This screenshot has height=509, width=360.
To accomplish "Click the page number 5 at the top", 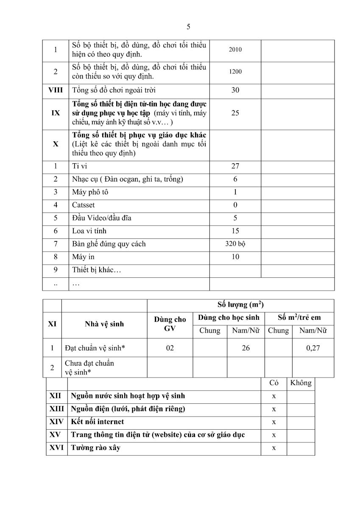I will pyautogui.click(x=188, y=27).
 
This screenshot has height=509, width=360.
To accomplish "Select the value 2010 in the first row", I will pyautogui.click(x=235, y=50).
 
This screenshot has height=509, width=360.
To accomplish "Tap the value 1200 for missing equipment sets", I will pyautogui.click(x=235, y=72).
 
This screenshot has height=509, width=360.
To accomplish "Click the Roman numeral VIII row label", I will pyautogui.click(x=55, y=90).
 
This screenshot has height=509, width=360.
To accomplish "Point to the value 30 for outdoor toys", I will pyautogui.click(x=235, y=90).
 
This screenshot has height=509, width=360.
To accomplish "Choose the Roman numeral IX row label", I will pyautogui.click(x=56, y=113).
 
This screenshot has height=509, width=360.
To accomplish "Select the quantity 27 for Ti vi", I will pyautogui.click(x=235, y=166).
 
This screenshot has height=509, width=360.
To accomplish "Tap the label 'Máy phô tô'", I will pyautogui.click(x=90, y=192).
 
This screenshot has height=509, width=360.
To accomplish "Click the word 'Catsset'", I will pyautogui.click(x=84, y=205).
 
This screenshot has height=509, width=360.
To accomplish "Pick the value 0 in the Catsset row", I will pyautogui.click(x=235, y=205).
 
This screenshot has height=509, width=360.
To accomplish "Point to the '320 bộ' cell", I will pyautogui.click(x=235, y=244).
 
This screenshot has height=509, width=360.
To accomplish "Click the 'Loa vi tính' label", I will pyautogui.click(x=89, y=231).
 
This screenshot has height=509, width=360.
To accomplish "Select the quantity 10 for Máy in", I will pyautogui.click(x=235, y=257).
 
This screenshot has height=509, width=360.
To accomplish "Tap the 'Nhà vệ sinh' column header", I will pyautogui.click(x=104, y=324).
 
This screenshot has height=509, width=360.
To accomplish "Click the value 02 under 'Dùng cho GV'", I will pyautogui.click(x=170, y=348).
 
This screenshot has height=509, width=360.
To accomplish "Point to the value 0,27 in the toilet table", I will pyautogui.click(x=313, y=348).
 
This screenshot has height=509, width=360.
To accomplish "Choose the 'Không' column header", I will pyautogui.click(x=301, y=383).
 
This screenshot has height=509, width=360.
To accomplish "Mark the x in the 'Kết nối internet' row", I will pyautogui.click(x=274, y=422).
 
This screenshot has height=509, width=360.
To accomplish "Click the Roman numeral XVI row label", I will pyautogui.click(x=56, y=448).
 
